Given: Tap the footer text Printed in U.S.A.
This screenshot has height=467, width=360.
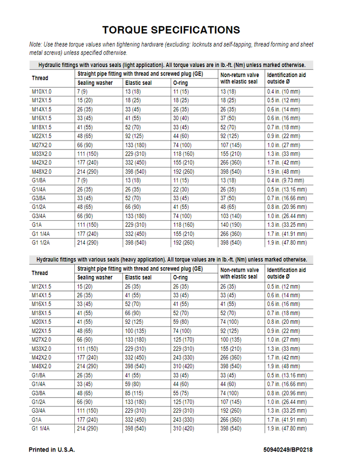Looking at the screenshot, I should (x=52, y=450).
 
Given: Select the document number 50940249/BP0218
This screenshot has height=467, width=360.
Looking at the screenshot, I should (x=288, y=450).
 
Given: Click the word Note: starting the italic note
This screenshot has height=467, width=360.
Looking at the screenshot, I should (x=35, y=45).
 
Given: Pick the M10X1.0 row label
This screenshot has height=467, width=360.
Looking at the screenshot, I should (x=42, y=92).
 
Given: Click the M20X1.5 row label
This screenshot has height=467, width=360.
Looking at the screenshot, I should (x=42, y=322).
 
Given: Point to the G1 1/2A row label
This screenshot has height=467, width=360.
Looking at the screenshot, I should (x=42, y=243).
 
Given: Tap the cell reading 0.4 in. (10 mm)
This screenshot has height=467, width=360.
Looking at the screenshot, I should (x=283, y=92).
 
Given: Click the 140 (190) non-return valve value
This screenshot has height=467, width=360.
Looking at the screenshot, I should (x=231, y=225).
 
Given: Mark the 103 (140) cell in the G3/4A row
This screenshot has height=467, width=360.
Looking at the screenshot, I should (x=231, y=216).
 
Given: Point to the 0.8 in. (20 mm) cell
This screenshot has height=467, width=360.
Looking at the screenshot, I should (x=283, y=322).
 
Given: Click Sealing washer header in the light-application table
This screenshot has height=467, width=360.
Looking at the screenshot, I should (x=95, y=83).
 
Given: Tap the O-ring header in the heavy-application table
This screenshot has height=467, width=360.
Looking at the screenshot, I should (x=180, y=277).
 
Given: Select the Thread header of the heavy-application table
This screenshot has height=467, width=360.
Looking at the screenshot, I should (x=40, y=273).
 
